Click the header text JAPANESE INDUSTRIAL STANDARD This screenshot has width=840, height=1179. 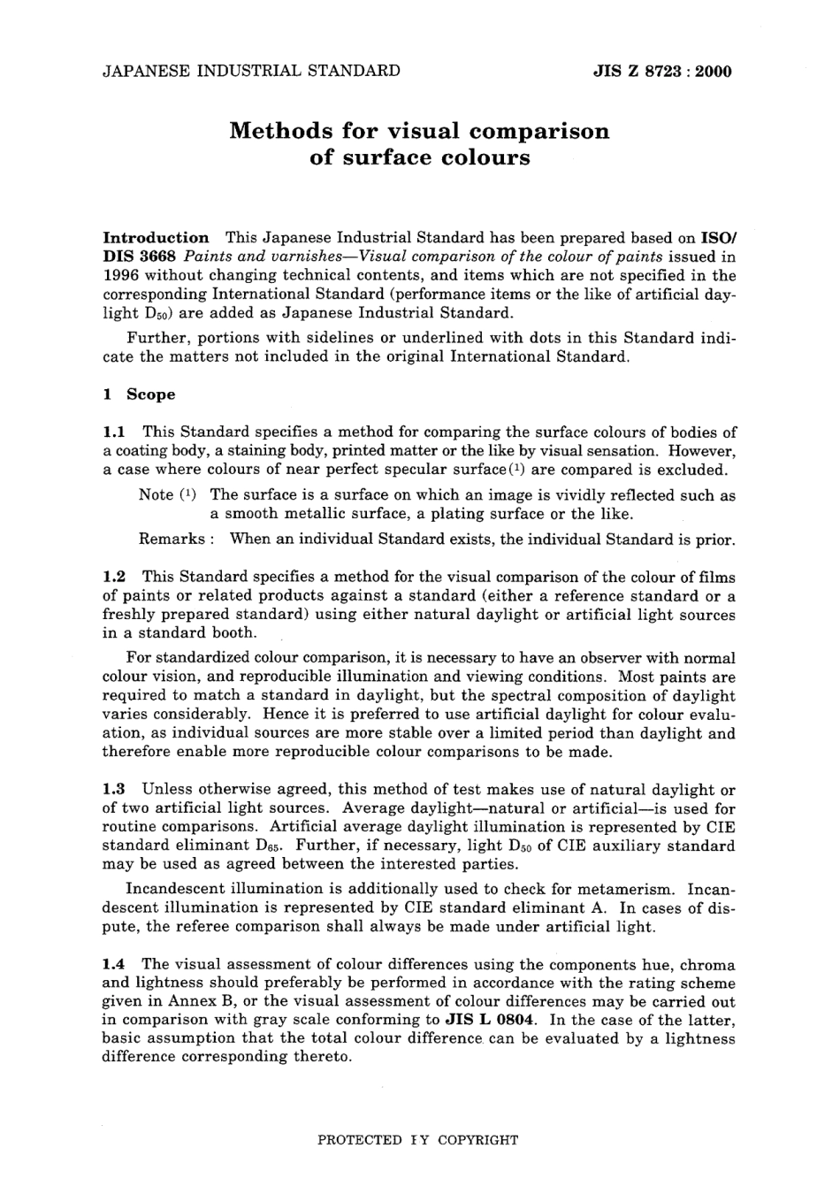[251, 71]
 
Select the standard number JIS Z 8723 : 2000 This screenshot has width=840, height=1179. [662, 72]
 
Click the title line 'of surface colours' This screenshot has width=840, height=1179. [420, 158]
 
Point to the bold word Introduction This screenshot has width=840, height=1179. [157, 238]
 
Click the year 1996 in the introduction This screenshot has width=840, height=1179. [120, 275]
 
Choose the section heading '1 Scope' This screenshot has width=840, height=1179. [140, 394]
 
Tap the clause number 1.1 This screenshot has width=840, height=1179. [114, 433]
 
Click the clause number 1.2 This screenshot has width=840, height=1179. [114, 577]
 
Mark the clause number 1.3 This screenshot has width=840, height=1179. [114, 790]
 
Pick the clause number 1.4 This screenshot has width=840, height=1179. [114, 964]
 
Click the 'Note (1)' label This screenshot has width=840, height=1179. [168, 495]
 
